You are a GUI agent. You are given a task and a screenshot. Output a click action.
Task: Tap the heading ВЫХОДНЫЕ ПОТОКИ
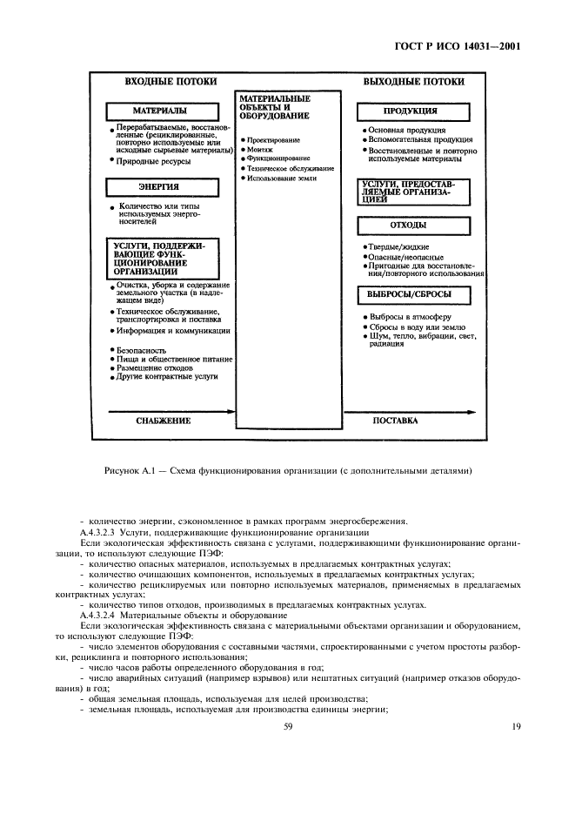tap(414, 82)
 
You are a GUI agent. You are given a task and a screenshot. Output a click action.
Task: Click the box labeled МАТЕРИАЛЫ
tap(159, 112)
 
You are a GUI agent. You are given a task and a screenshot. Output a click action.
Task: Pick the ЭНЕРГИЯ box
tap(159, 186)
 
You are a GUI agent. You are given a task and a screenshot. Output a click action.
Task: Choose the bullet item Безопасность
tap(141, 349)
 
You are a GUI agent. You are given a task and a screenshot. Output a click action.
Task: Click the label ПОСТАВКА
tap(395, 420)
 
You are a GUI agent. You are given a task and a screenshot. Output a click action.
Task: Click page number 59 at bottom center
tap(288, 735)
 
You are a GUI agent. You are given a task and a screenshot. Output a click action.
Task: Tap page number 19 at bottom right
tap(515, 735)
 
